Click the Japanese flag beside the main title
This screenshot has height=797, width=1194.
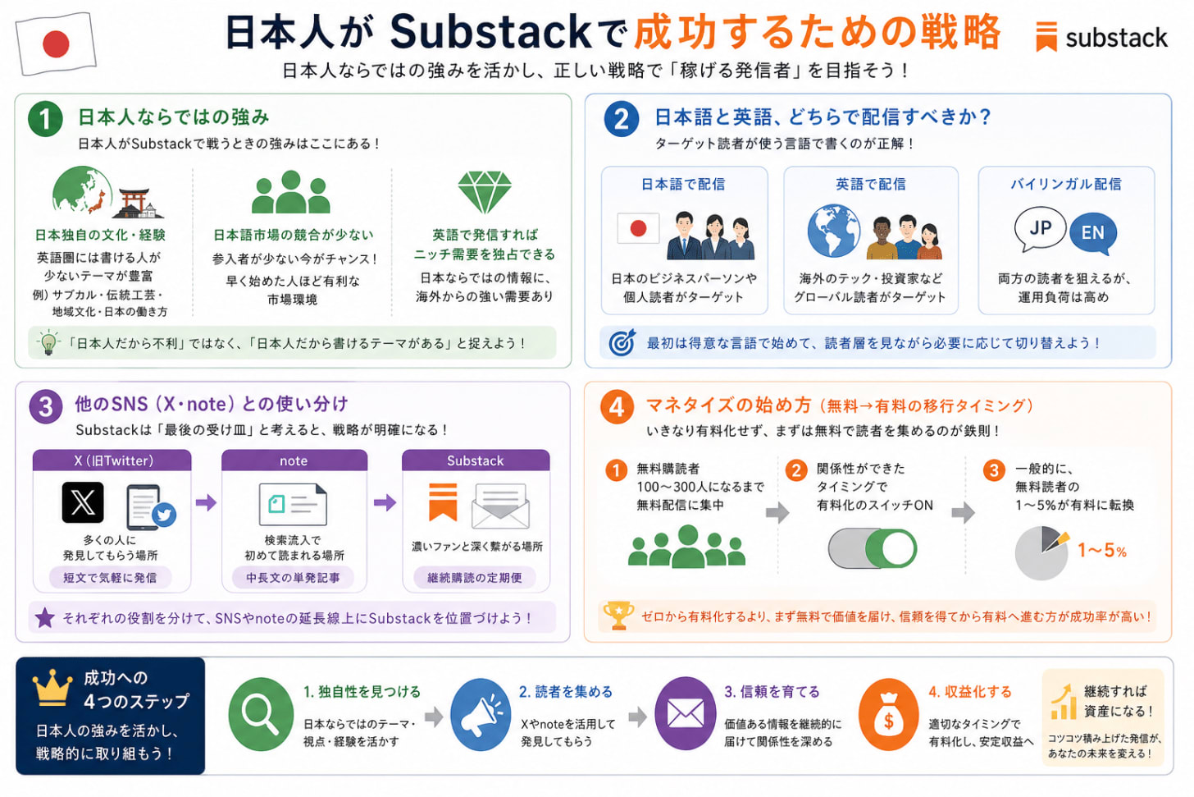[x=56, y=44]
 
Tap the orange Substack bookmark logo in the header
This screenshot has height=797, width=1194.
[x=1046, y=36]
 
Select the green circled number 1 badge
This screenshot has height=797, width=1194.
[x=45, y=118]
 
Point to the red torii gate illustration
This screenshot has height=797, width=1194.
[x=133, y=203]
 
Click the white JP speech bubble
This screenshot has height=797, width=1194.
[x=1040, y=228]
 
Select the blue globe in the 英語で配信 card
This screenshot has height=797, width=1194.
[x=834, y=231]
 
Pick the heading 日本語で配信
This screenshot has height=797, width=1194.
[x=683, y=185]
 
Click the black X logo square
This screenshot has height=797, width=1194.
[x=83, y=502]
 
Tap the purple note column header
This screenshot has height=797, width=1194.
[x=294, y=460]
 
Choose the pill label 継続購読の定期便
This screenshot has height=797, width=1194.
[x=474, y=578]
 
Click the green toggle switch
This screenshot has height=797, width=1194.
[x=872, y=548]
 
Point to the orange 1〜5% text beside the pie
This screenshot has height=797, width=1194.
[x=1102, y=550]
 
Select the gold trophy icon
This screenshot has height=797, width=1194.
[x=618, y=616]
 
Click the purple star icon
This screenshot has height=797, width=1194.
[x=45, y=618]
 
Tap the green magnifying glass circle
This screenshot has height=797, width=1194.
[x=261, y=714]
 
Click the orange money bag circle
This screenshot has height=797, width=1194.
[x=889, y=714]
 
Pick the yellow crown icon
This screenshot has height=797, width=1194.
[x=52, y=688]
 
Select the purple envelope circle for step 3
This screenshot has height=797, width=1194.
[x=685, y=714]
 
